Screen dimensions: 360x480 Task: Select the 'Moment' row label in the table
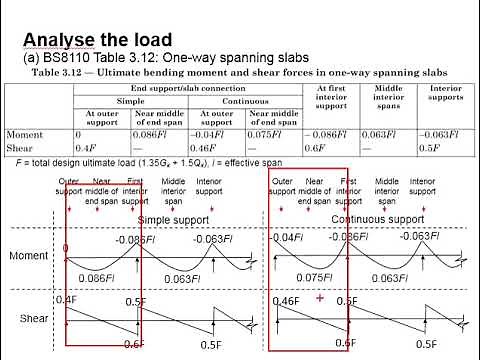25,134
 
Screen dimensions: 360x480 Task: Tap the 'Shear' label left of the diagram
34,318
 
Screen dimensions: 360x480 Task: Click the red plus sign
319,298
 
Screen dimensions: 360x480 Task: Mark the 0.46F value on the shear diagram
286,301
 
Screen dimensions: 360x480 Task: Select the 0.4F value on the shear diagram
67,299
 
